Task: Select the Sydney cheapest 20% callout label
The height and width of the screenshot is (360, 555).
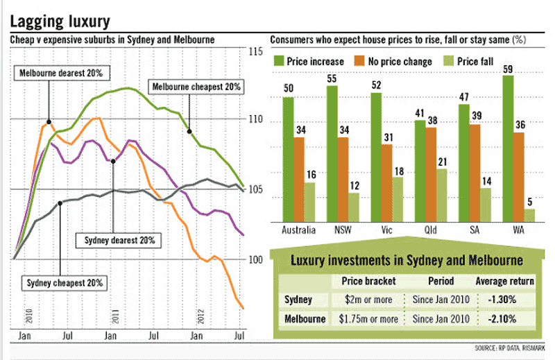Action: coord(65,283)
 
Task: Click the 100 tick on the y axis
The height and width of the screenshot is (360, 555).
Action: coord(255,260)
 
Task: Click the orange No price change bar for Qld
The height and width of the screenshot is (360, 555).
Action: coord(432,173)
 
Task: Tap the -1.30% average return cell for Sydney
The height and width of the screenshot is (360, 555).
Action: coord(505,300)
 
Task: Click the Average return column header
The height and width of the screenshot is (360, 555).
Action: coord(505,281)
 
